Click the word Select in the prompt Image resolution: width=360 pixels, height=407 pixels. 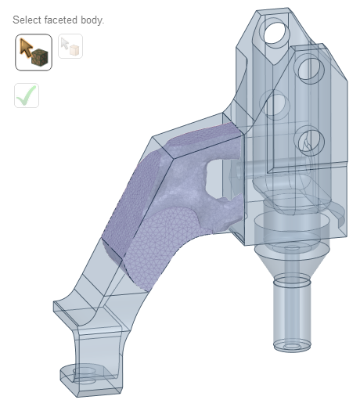(x=27, y=20)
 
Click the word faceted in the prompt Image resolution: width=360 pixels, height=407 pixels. (x=64, y=20)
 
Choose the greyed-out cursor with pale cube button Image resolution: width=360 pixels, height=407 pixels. (x=70, y=46)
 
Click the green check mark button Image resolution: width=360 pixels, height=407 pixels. (x=26, y=95)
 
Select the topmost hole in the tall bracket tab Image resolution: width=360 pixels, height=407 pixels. (x=275, y=32)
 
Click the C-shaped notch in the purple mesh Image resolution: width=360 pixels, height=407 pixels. (x=216, y=176)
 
